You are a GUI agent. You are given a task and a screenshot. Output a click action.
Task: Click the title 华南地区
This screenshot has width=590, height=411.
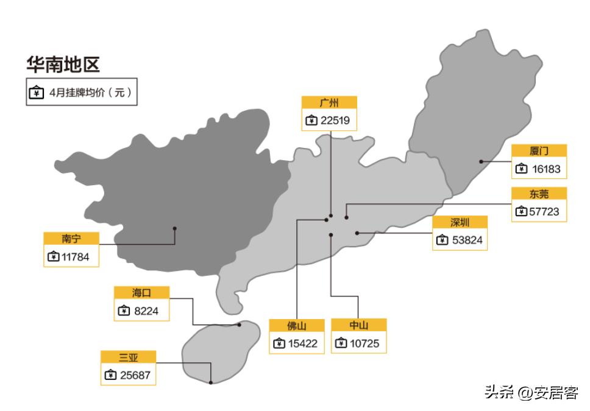(x=63, y=65)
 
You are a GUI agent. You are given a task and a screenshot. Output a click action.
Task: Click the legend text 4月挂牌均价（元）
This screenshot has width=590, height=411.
(x=90, y=93)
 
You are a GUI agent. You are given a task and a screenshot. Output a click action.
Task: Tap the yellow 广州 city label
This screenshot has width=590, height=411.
(x=329, y=102)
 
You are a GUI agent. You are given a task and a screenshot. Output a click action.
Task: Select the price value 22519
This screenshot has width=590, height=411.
(x=335, y=121)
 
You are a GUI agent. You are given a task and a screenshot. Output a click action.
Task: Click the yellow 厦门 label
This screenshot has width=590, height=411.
(x=539, y=151)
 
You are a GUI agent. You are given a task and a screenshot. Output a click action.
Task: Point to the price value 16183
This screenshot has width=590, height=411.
(x=545, y=169)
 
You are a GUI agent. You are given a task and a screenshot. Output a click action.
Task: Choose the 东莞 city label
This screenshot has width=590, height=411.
(x=539, y=194)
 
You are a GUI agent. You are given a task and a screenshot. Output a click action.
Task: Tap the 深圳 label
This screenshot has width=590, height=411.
(x=460, y=222)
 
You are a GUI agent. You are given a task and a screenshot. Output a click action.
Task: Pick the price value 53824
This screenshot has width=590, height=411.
(x=467, y=241)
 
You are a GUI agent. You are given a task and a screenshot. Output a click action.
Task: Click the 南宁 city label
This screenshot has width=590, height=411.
(x=71, y=238)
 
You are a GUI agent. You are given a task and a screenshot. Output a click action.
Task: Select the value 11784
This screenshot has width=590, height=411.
(x=75, y=257)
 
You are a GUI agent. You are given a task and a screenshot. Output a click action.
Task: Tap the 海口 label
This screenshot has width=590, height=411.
(x=141, y=293)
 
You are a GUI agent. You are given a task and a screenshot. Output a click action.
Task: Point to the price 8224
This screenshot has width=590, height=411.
(x=147, y=311)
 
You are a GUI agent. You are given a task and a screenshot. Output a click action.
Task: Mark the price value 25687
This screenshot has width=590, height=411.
(x=135, y=375)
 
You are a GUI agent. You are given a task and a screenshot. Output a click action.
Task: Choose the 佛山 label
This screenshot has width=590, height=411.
(x=297, y=326)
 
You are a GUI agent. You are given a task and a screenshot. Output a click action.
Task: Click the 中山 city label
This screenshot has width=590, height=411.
(x=358, y=325)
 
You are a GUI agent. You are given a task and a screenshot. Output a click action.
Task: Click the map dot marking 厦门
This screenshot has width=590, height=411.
(x=481, y=161)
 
